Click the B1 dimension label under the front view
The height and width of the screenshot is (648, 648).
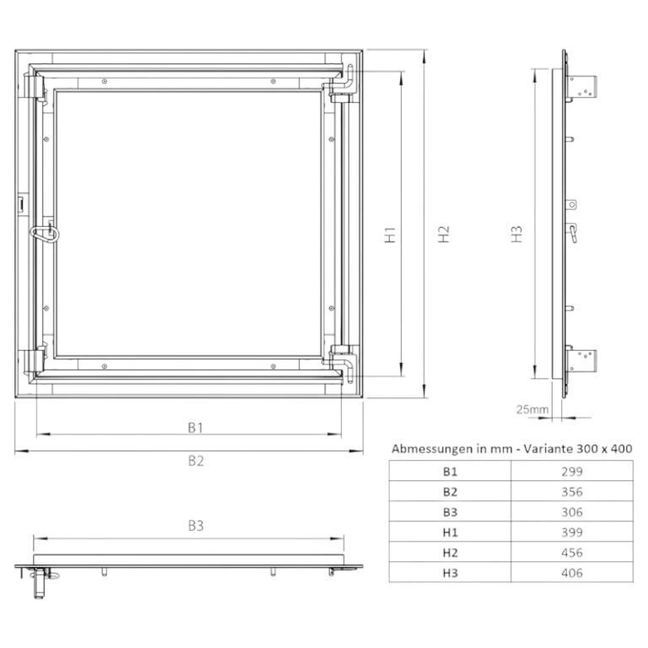point(196,427)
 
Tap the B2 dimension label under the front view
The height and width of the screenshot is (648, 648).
point(196,461)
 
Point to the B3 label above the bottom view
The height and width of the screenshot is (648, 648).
point(196,526)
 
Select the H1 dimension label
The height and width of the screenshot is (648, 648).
point(390,235)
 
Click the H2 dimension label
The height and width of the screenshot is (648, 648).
point(444,235)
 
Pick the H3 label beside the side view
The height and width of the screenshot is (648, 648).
point(516,235)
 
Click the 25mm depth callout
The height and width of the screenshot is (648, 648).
point(532,409)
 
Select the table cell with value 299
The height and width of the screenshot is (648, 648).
point(572,472)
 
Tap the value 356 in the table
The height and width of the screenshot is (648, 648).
point(572,492)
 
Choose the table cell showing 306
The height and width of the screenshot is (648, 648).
point(572,512)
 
